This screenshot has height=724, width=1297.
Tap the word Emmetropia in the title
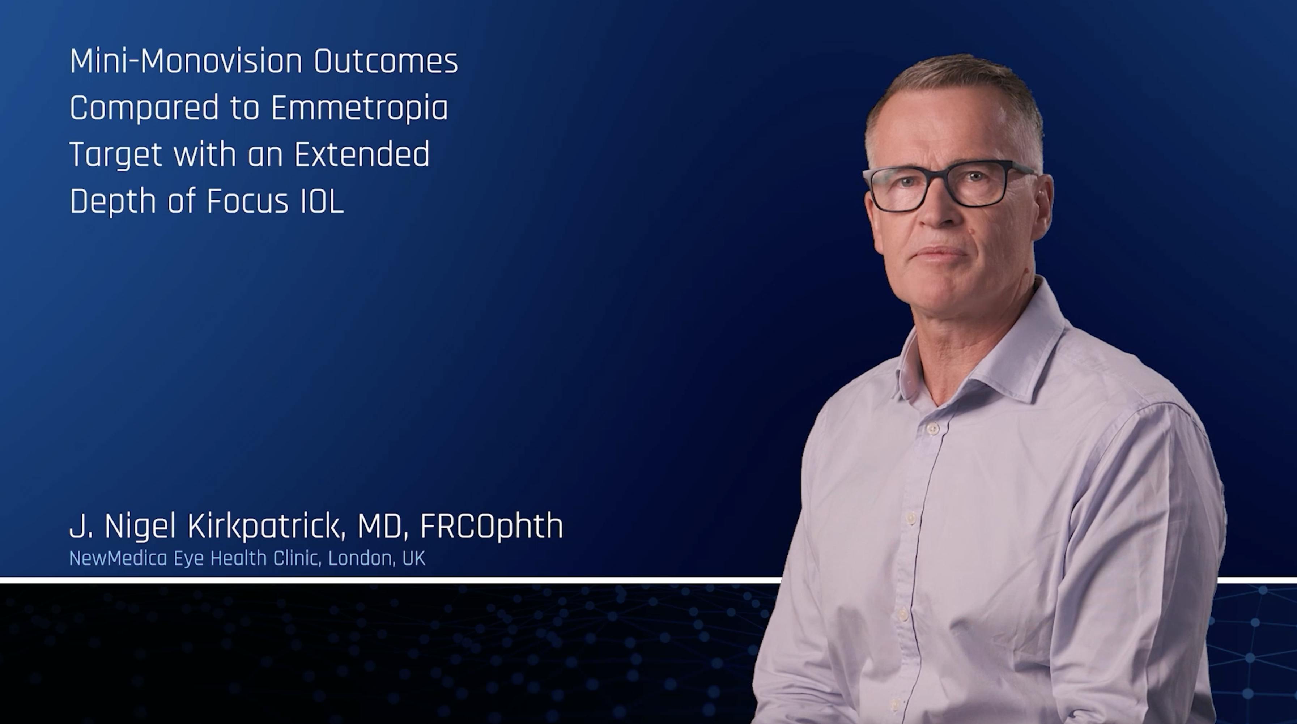tap(360, 108)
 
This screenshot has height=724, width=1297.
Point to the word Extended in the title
tap(362, 154)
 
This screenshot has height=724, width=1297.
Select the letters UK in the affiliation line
tap(414, 558)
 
